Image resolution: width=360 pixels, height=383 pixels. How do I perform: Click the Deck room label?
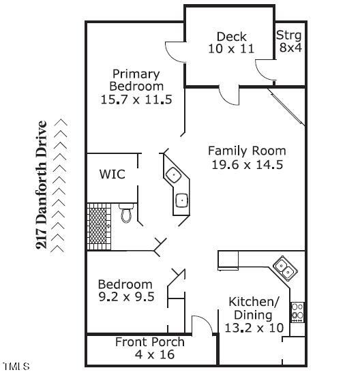point(231,37)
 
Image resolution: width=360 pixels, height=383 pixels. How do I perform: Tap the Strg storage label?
point(288,35)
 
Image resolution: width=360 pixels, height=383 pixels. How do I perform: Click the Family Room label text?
point(247,151)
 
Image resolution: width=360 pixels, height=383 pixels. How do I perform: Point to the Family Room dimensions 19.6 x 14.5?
point(246,164)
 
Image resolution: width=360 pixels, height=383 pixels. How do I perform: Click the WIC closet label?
point(112,174)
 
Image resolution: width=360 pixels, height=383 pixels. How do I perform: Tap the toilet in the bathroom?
point(125,213)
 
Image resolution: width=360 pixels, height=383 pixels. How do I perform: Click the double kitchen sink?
point(284,267)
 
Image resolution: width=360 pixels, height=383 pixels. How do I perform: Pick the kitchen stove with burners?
point(297,312)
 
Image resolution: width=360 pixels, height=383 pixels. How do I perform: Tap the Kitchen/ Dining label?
point(254,308)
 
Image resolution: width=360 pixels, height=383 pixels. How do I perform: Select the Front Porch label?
point(149,341)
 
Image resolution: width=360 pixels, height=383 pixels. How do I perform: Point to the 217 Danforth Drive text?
point(42,185)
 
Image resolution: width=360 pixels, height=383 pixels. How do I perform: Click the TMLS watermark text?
point(16,367)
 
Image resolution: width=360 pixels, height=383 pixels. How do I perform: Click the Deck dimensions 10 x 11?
point(231,49)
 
